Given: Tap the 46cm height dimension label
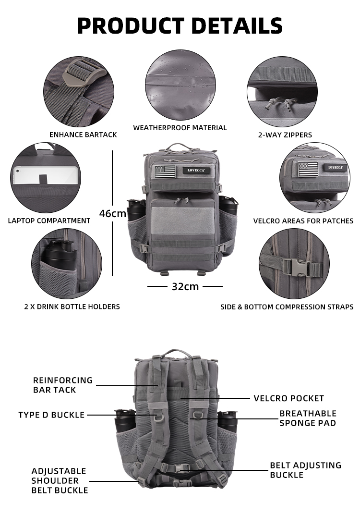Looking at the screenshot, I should (x=113, y=213).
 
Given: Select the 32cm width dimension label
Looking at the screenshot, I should (x=185, y=287).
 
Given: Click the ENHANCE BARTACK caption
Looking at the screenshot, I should (x=83, y=135).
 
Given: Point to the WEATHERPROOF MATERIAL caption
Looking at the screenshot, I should (x=180, y=128).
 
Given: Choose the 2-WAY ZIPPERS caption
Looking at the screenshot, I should (x=285, y=135).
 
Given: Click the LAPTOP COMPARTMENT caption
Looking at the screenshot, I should (x=49, y=221).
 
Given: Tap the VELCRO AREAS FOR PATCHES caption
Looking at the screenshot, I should (x=303, y=221).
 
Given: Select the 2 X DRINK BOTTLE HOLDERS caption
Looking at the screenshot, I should (x=72, y=307).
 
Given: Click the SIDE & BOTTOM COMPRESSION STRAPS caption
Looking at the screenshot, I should (x=287, y=307).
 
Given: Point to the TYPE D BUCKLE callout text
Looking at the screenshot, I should (x=51, y=415).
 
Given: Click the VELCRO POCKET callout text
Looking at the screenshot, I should (x=288, y=398).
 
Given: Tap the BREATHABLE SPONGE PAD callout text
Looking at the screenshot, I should (x=308, y=418).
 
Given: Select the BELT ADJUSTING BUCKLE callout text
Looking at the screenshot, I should (x=305, y=470).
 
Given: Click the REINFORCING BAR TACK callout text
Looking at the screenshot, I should (x=62, y=385).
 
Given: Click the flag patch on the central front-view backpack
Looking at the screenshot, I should (x=165, y=171).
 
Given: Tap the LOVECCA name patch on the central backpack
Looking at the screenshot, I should (x=196, y=170).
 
